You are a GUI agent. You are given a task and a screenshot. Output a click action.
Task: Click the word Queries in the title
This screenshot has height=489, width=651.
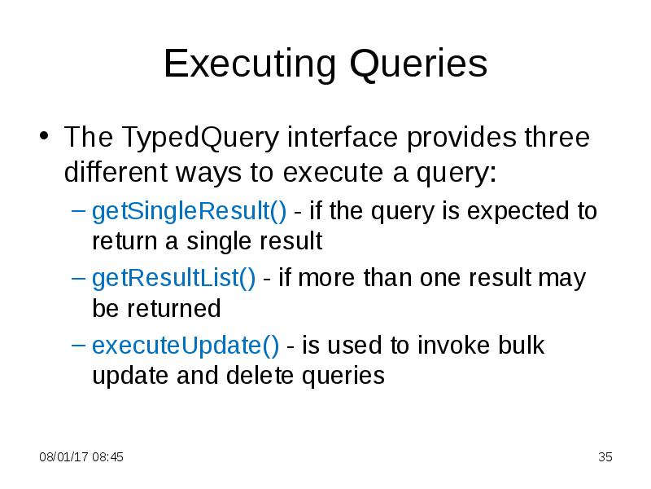(x=419, y=64)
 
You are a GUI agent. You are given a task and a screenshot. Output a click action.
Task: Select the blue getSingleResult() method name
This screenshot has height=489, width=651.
(x=189, y=212)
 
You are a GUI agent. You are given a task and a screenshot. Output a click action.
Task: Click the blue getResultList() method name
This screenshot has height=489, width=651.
(x=173, y=279)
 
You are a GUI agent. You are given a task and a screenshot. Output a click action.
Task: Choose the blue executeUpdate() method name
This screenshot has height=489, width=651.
(x=186, y=346)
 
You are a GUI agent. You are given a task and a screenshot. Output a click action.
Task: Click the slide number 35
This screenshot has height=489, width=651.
(x=605, y=457)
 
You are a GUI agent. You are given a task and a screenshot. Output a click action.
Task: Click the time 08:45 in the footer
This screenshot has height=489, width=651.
(x=107, y=457)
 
